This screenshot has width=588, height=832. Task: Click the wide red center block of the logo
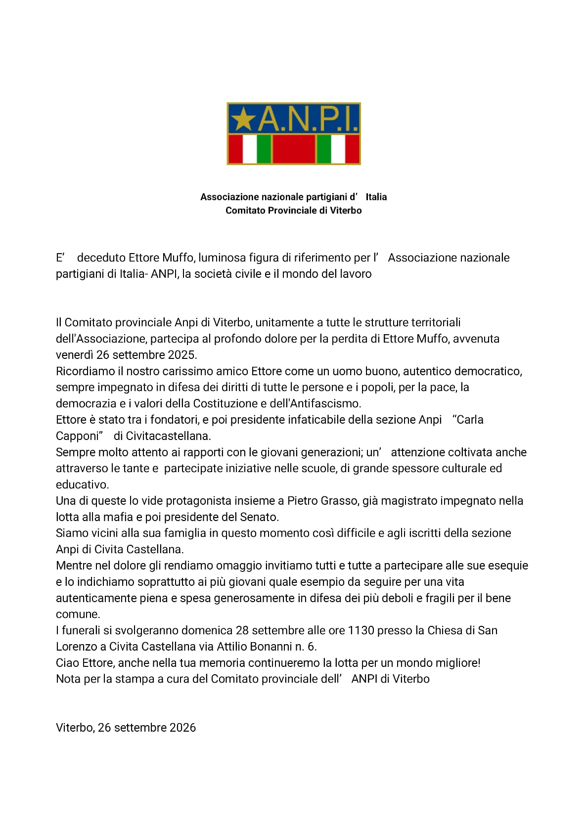[294, 149]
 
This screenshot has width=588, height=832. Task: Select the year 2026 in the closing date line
[182, 728]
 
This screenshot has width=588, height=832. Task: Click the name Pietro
[303, 501]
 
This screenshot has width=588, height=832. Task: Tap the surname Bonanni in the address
[267, 647]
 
